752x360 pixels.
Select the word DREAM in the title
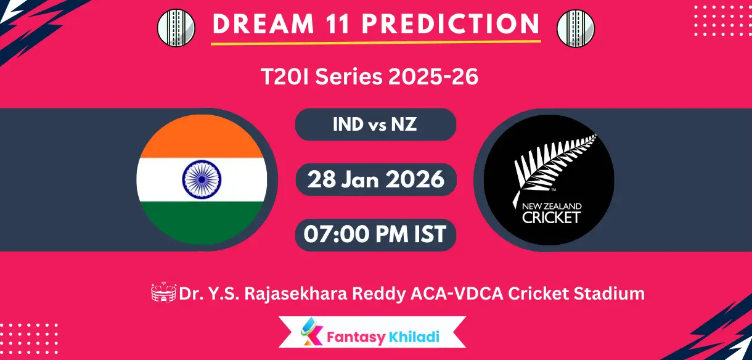250,23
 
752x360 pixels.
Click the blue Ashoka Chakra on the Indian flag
202,179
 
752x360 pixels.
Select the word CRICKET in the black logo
551,217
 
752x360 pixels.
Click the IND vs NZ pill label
375,125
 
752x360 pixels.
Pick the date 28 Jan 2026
375,179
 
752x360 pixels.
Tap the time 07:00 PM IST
375,234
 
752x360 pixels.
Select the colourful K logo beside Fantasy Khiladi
311,335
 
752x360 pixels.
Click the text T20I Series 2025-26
369,78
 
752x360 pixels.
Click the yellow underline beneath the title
375,43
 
